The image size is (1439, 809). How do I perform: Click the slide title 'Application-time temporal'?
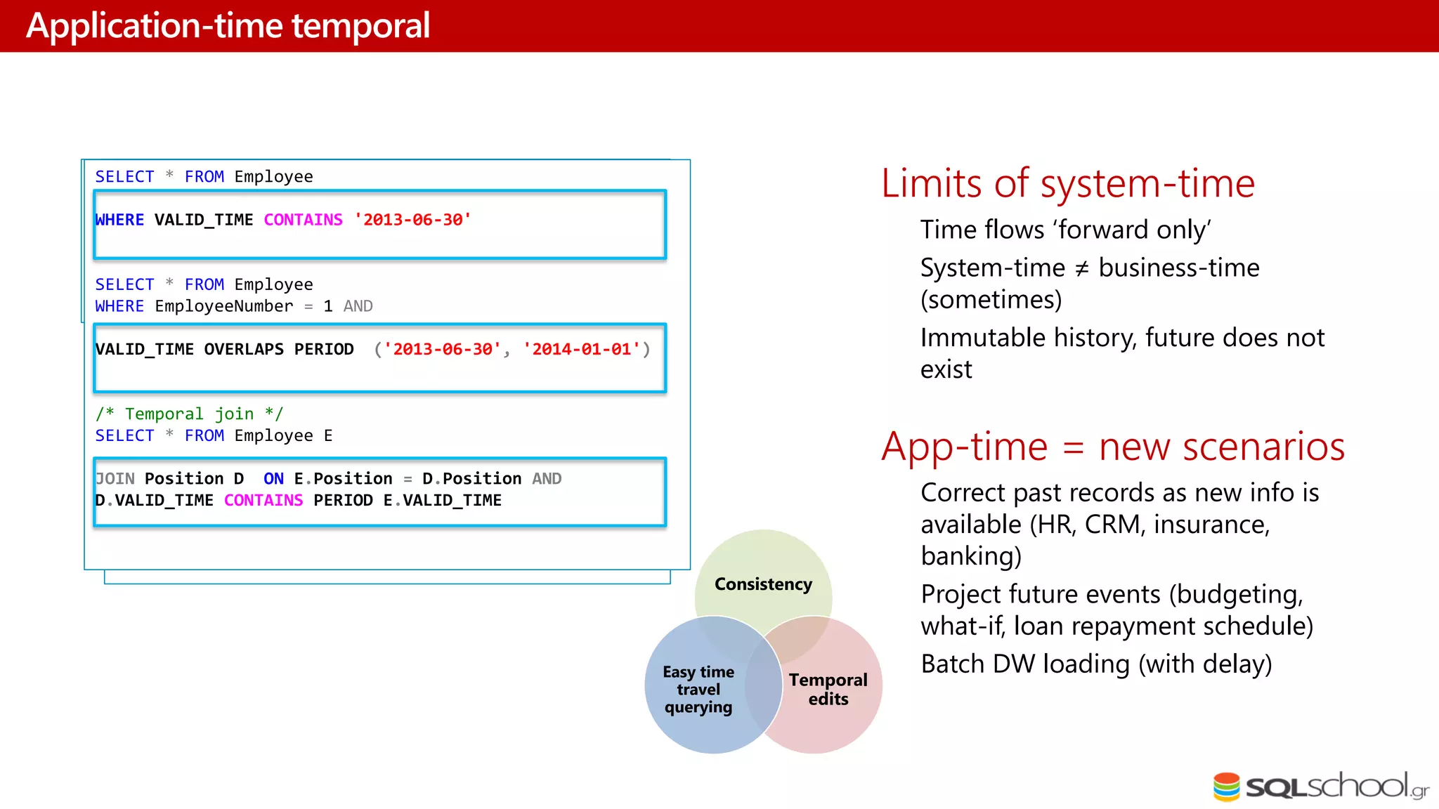pos(228,26)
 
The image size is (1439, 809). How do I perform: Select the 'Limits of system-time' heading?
pos(1067,184)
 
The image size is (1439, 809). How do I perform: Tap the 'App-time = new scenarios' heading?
pos(1112,447)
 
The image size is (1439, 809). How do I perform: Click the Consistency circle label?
pos(763,584)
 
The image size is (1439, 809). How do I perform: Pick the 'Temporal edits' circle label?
pos(828,689)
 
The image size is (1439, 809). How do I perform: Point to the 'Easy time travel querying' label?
pos(698,689)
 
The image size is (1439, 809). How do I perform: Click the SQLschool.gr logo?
pos(1320,787)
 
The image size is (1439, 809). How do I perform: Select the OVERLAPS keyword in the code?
pos(244,349)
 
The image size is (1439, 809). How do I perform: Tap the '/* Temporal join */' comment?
pos(189,414)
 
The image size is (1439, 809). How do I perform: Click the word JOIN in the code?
pos(115,479)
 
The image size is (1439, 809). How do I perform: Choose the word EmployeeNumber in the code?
pos(223,306)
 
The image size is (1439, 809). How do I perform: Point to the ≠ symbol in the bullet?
pos(1081,268)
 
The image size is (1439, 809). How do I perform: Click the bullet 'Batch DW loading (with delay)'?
pos(1095,664)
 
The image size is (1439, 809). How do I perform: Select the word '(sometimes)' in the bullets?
pos(991,300)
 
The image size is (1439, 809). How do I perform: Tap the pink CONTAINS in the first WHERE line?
pos(303,220)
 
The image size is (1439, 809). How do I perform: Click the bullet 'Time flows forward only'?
pos(1065,230)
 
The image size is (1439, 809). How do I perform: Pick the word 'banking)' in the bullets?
pos(970,556)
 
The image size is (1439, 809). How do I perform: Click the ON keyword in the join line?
pos(273,479)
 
